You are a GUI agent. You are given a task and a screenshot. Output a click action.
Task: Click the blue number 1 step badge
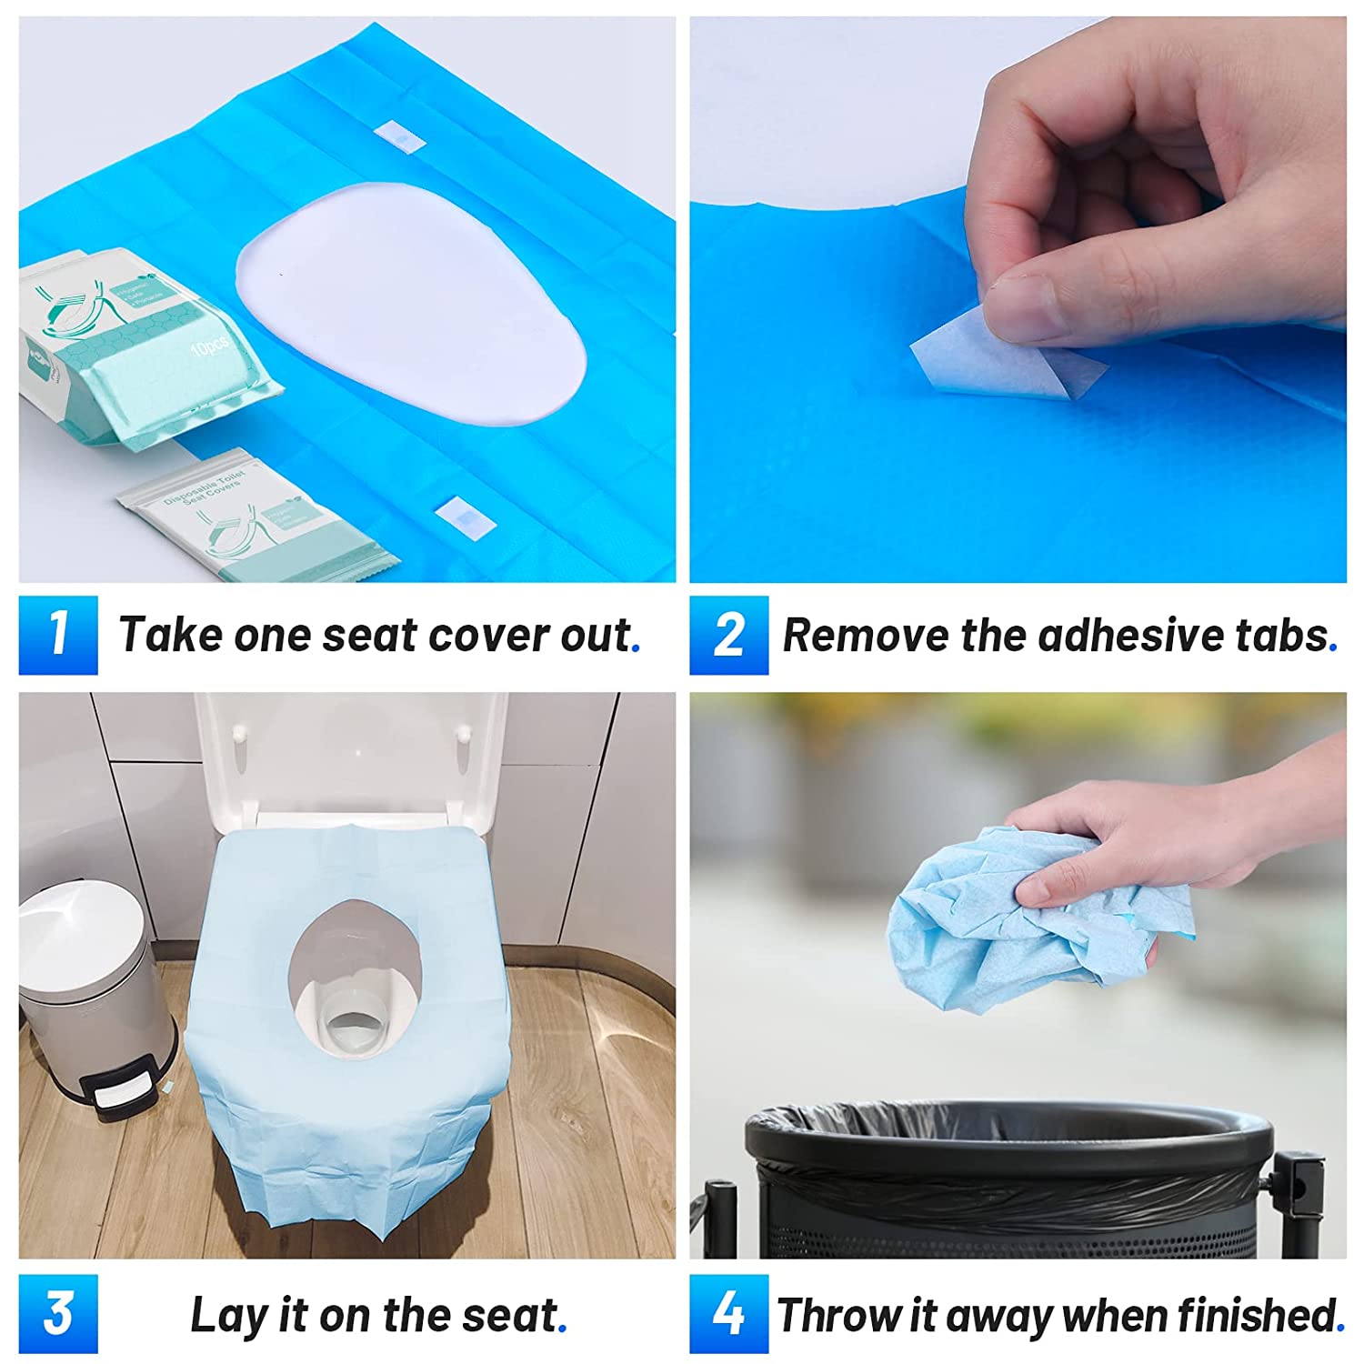[x=58, y=635]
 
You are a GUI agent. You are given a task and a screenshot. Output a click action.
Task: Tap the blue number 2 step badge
[x=728, y=635]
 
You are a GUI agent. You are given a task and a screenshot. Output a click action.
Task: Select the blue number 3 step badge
[x=58, y=1314]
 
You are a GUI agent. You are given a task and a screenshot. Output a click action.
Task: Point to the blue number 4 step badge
[x=728, y=1314]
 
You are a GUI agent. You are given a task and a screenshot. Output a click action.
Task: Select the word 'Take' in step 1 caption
[x=170, y=635]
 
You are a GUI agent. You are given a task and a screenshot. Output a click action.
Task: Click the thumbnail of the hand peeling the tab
[x=1018, y=299]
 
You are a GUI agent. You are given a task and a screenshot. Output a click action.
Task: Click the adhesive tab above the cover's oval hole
[x=398, y=136]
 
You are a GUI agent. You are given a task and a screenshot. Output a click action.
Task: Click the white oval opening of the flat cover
[x=409, y=305]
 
